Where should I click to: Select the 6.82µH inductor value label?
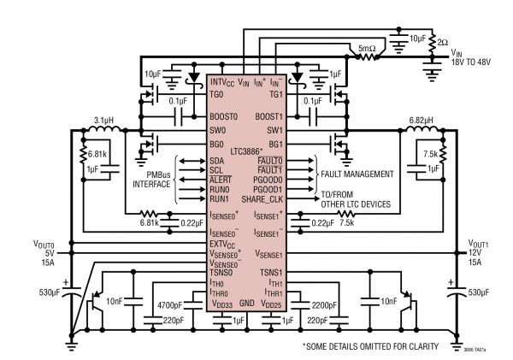(x=425, y=121)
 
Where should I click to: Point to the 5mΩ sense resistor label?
(x=370, y=49)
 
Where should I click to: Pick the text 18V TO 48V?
(x=474, y=63)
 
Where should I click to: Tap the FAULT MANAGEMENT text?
(x=360, y=174)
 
